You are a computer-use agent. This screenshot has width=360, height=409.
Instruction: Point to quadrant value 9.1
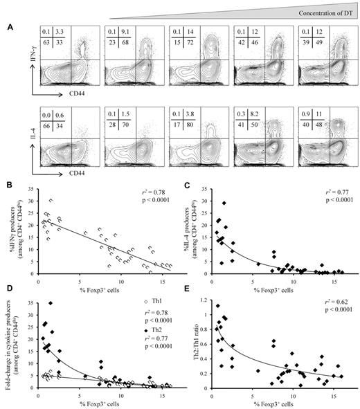click(127, 32)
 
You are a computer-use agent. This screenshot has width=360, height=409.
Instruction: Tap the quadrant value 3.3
click(60, 32)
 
